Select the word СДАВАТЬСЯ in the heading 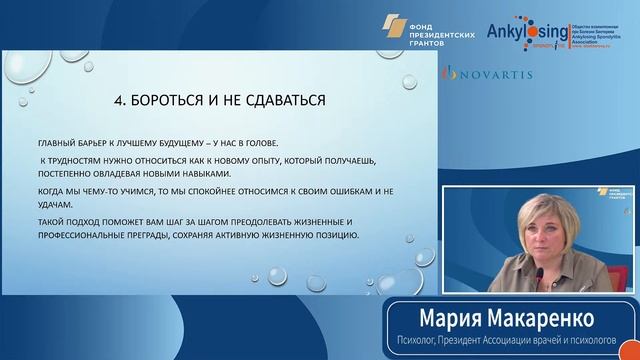[282, 102]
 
